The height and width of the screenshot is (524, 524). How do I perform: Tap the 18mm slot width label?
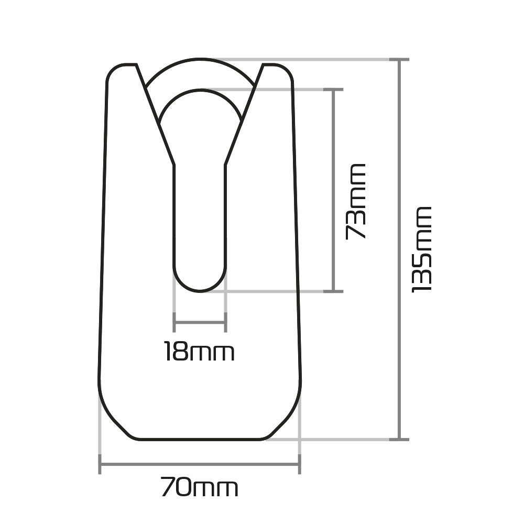point(199,352)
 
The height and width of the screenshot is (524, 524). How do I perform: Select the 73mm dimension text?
point(355,202)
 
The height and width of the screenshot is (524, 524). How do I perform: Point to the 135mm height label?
point(422,249)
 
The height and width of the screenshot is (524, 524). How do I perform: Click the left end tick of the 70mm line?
point(100,464)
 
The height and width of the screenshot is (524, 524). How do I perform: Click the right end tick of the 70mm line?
point(299,464)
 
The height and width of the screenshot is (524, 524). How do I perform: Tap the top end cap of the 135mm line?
point(399,60)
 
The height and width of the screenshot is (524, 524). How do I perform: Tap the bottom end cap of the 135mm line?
point(399,439)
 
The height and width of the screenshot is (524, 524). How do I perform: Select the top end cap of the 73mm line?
point(333,90)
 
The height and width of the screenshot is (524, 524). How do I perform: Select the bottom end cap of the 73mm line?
point(333,291)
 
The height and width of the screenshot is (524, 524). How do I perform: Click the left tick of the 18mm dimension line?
point(174,322)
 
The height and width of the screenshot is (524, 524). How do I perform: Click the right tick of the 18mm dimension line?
point(225,322)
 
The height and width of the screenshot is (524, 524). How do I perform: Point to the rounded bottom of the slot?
point(200,290)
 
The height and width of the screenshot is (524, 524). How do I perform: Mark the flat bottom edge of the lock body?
point(200,439)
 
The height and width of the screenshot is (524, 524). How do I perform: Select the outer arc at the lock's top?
point(200,60)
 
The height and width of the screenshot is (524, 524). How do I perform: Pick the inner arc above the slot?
point(200,90)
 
